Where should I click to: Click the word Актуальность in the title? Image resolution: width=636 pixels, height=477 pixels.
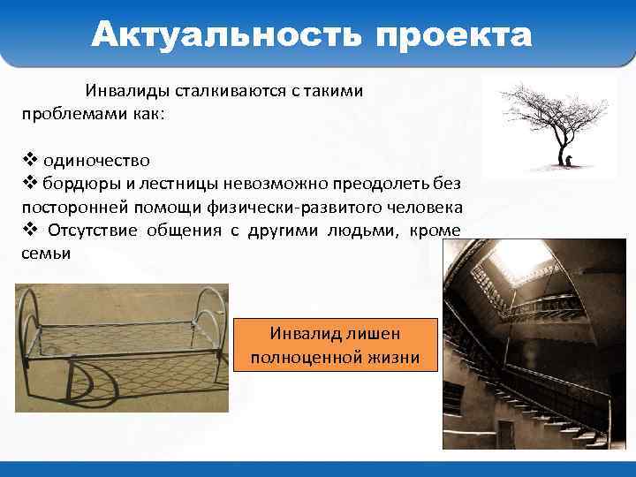click(x=226, y=35)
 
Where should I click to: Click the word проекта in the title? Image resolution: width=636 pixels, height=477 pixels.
click(x=454, y=35)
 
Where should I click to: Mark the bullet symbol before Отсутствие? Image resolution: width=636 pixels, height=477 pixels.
click(x=29, y=230)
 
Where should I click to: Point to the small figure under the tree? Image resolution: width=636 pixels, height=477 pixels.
click(x=569, y=160)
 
